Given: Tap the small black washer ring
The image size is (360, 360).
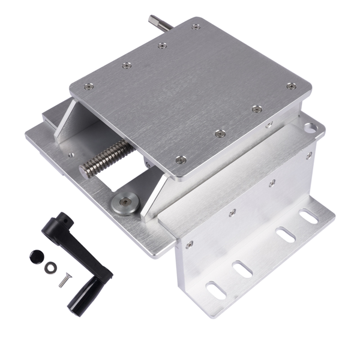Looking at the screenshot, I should click(x=49, y=266).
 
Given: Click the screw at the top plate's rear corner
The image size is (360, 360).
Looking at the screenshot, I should click(x=196, y=26).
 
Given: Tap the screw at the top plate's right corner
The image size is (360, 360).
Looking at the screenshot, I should click(x=291, y=86).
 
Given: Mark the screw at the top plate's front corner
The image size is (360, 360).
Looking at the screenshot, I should click(x=181, y=160).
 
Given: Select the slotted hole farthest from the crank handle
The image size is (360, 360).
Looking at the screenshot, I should click(x=308, y=216).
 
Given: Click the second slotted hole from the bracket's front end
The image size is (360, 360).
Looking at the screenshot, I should click(x=242, y=269).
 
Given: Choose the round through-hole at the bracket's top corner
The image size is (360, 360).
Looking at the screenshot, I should click(x=310, y=127).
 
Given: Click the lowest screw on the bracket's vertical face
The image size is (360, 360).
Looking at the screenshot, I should click(x=190, y=244).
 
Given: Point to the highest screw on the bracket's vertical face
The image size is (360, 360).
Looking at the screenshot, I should click(x=309, y=155).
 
